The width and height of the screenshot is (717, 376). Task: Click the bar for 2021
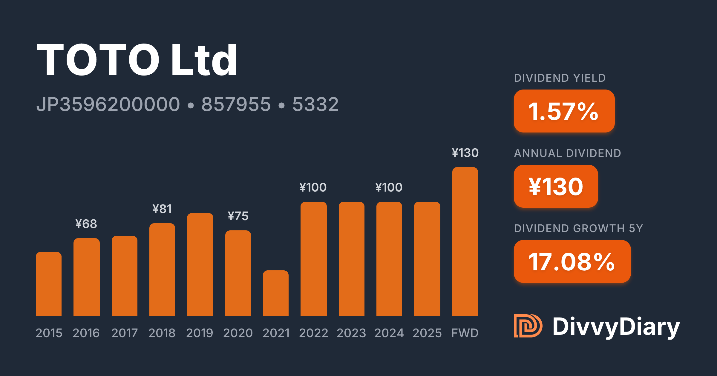[276, 293]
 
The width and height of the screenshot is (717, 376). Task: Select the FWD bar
[465, 242]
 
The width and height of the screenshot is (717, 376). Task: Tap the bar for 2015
[49, 284]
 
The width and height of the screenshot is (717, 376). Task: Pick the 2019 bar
[200, 265]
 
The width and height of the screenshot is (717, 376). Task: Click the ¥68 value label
[86, 224]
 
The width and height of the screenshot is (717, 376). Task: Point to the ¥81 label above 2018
[162, 209]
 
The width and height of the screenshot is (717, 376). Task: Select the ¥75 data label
[238, 216]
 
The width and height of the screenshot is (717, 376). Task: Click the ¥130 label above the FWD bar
[465, 153]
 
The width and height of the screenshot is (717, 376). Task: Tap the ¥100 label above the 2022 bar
[313, 187]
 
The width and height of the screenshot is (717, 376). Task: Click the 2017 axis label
[125, 333]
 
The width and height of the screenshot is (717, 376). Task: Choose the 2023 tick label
[351, 333]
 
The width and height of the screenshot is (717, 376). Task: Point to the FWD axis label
[465, 333]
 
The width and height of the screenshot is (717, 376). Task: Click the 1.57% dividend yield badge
[564, 111]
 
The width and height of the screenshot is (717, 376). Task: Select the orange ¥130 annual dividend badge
[556, 186]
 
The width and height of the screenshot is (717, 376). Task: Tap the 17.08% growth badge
[572, 261]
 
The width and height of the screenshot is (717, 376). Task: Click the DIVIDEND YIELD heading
[560, 78]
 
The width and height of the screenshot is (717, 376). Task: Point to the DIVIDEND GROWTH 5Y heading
[578, 229]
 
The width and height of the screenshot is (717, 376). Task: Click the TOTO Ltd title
[137, 60]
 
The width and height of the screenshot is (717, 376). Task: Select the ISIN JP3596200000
[108, 104]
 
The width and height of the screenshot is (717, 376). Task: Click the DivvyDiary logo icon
[528, 326]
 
